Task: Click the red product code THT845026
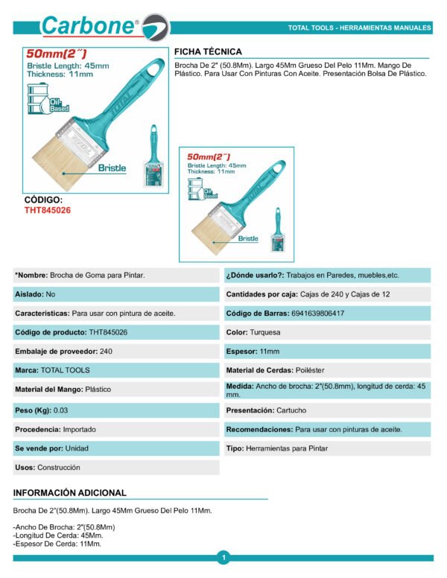48,210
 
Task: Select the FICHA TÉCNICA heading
208,51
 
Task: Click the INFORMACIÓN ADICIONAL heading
70,492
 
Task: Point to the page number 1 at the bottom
223,556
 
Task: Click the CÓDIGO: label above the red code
43,200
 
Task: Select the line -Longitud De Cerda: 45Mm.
58,536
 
